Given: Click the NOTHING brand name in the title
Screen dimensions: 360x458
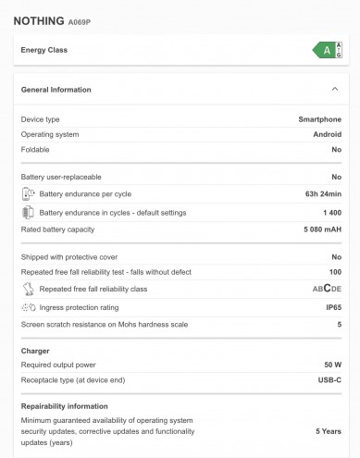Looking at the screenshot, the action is [39, 19].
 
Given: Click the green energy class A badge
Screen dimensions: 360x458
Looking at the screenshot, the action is [329, 50].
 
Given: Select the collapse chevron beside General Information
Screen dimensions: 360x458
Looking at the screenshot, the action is [334, 90].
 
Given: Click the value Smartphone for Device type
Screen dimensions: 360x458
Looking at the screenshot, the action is [319, 119].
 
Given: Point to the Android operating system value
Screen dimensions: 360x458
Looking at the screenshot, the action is [327, 134].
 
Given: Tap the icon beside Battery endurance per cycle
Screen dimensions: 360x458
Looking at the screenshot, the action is [28, 194].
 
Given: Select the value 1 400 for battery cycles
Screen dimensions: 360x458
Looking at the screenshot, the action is [331, 212].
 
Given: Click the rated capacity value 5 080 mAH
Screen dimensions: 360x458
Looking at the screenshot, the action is [319, 229].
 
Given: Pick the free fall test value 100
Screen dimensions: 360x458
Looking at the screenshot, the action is [335, 272].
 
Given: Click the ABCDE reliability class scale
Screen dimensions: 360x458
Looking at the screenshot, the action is [326, 289].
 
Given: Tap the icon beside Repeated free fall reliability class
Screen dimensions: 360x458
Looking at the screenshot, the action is [28, 290].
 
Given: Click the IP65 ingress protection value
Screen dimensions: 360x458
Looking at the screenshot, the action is [333, 307].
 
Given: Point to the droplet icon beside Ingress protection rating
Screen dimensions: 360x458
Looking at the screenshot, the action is [28, 307].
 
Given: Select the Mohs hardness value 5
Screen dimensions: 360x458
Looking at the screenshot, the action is [339, 324].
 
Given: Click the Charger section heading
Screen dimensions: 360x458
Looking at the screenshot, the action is [35, 351].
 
